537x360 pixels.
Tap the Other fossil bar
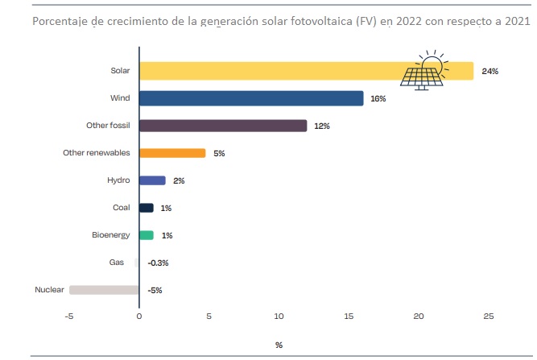223,126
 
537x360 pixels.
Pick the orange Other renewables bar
172,153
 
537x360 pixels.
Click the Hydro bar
152,180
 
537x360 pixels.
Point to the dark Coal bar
146,208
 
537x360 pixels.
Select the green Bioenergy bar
146,235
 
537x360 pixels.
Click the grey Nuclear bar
105,290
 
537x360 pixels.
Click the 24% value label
490,72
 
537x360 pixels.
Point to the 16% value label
378,99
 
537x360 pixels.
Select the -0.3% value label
157,263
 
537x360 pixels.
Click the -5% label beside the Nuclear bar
155,290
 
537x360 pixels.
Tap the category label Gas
117,263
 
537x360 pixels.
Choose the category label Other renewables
91,153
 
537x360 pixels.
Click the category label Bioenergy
110,235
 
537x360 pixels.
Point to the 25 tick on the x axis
489,316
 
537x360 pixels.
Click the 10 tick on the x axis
279,316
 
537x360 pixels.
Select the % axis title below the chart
279,345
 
